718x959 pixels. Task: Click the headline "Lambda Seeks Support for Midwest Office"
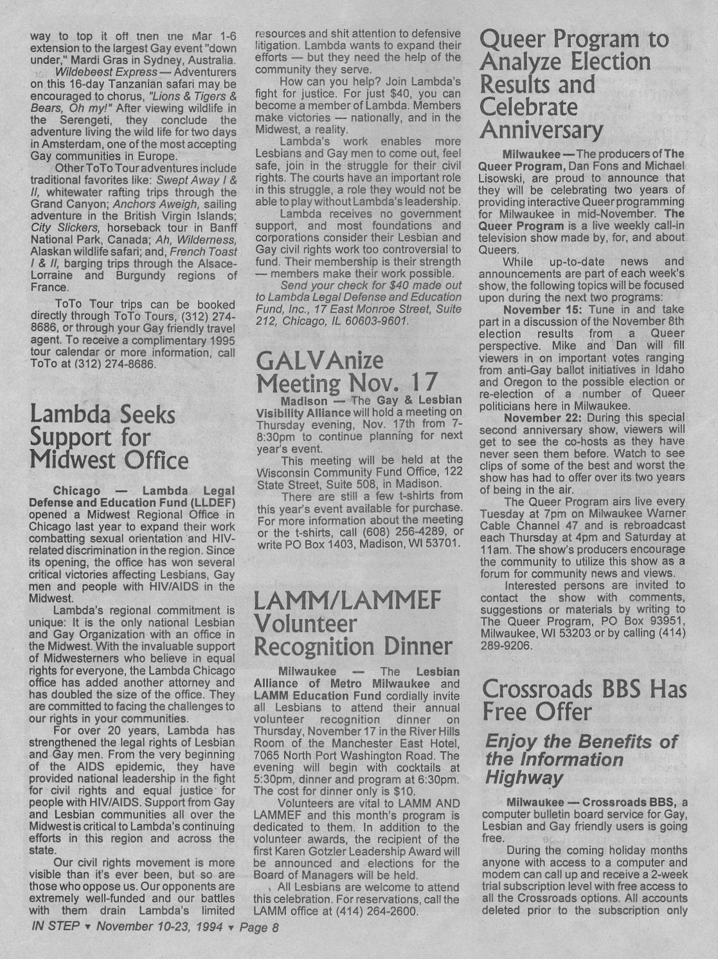[109, 437]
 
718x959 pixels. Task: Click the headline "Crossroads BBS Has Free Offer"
[584, 700]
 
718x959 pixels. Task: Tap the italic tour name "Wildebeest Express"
[105, 71]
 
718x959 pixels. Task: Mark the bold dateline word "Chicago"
[76, 491]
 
